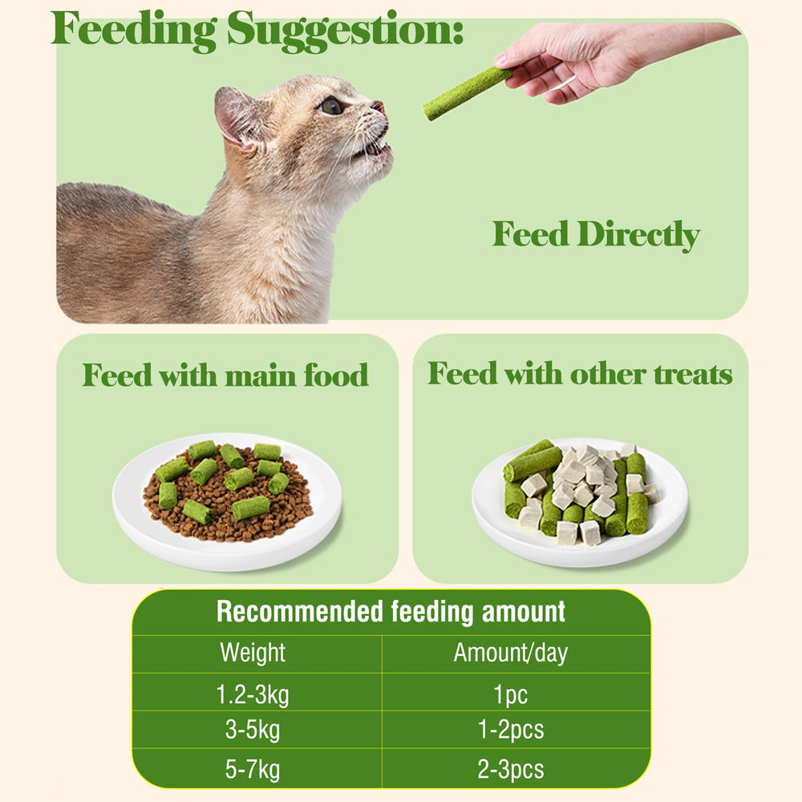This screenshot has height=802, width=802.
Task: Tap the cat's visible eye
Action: [x=330, y=106]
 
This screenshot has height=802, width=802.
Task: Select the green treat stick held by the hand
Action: [x=465, y=93]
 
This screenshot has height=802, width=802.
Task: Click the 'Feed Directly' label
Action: [x=596, y=235]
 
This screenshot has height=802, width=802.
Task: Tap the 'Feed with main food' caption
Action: [x=225, y=375]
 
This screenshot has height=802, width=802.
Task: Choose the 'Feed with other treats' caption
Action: [x=580, y=374]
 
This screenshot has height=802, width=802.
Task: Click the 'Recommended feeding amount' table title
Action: [x=391, y=612]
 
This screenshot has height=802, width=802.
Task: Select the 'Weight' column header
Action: [x=253, y=653]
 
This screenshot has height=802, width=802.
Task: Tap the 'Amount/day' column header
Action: [x=510, y=653]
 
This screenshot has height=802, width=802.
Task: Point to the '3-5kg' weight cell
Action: [x=253, y=731]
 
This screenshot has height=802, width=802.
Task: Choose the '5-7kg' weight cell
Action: [x=253, y=771]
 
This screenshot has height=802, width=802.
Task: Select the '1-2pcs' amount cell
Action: [x=511, y=731]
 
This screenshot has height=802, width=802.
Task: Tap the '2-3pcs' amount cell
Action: [x=511, y=771]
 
